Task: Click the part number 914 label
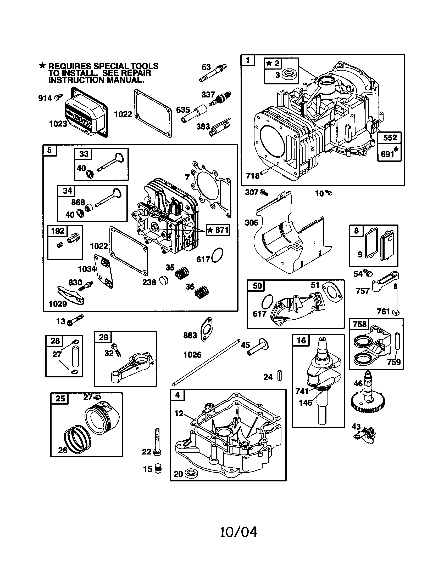[45, 98]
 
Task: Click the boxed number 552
[390, 138]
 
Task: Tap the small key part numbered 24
[280, 375]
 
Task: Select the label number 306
[251, 223]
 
